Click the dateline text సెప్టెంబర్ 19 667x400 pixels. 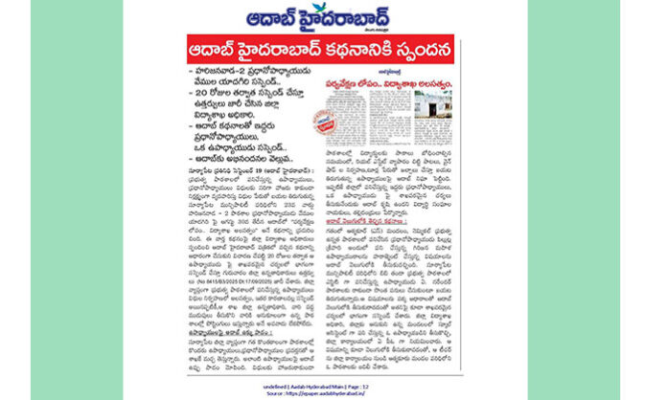click(x=254, y=173)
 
